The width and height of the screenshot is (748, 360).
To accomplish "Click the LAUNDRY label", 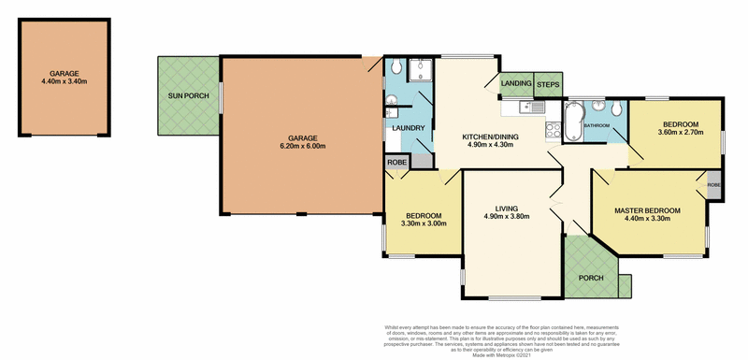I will pyautogui.click(x=409, y=128).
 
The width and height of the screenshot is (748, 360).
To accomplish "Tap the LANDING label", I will pyautogui.click(x=516, y=84).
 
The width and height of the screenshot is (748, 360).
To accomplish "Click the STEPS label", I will pyautogui.click(x=549, y=84).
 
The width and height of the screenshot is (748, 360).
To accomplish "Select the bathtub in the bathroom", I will pyautogui.click(x=572, y=122).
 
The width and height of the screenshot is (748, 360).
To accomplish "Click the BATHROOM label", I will pyautogui.click(x=597, y=125).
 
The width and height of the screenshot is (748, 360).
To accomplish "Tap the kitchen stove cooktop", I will pyautogui.click(x=553, y=130).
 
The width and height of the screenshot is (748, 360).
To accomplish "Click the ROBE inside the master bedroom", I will pyautogui.click(x=714, y=184).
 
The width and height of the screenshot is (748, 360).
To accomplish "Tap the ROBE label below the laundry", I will pyautogui.click(x=396, y=162).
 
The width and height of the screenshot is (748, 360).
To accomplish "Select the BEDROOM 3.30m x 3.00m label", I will pyautogui.click(x=424, y=218).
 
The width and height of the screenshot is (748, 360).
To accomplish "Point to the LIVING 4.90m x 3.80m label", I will pyautogui.click(x=506, y=211).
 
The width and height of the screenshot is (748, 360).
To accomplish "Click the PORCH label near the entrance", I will pyautogui.click(x=589, y=279).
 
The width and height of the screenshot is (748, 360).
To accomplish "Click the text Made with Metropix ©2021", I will pyautogui.click(x=510, y=353).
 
